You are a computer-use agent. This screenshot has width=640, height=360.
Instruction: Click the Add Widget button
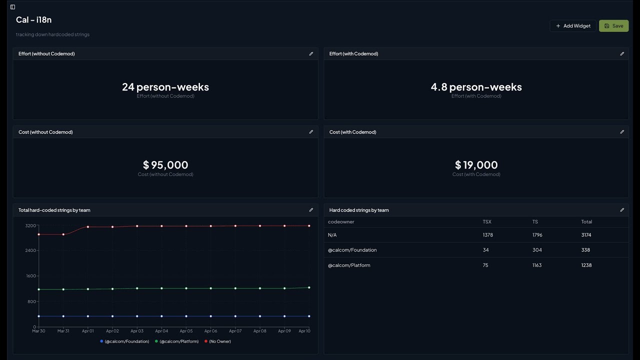point(573,26)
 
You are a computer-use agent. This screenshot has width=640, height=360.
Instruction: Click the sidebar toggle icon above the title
point(12,7)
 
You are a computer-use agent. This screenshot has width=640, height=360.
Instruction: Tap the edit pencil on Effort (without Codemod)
point(311,53)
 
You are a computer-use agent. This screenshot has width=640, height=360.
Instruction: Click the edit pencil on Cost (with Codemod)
point(622,132)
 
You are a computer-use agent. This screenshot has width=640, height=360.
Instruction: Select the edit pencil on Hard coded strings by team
point(622,210)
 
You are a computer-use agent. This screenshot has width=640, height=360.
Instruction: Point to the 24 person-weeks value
point(165,87)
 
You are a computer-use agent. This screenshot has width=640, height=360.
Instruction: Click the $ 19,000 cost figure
point(476,165)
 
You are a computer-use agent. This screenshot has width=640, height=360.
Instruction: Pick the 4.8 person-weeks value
point(476,87)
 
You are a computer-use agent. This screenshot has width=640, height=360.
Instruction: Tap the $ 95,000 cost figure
point(165,165)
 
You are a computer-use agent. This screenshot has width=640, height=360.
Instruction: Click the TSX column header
point(487,221)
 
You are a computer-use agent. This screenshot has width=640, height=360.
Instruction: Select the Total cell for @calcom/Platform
point(586,265)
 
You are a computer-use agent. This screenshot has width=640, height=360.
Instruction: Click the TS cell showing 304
point(537,250)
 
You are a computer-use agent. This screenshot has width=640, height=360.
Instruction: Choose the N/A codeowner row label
point(332,235)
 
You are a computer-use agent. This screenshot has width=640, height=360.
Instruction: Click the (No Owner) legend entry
point(218,341)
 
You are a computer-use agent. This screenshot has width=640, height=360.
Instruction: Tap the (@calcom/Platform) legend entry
point(177,341)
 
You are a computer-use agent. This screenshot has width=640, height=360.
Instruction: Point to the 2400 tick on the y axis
point(30,250)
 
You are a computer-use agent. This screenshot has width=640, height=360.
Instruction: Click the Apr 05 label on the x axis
point(186,331)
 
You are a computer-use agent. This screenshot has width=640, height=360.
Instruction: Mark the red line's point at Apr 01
point(88,227)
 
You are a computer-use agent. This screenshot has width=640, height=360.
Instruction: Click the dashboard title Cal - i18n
point(34,20)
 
